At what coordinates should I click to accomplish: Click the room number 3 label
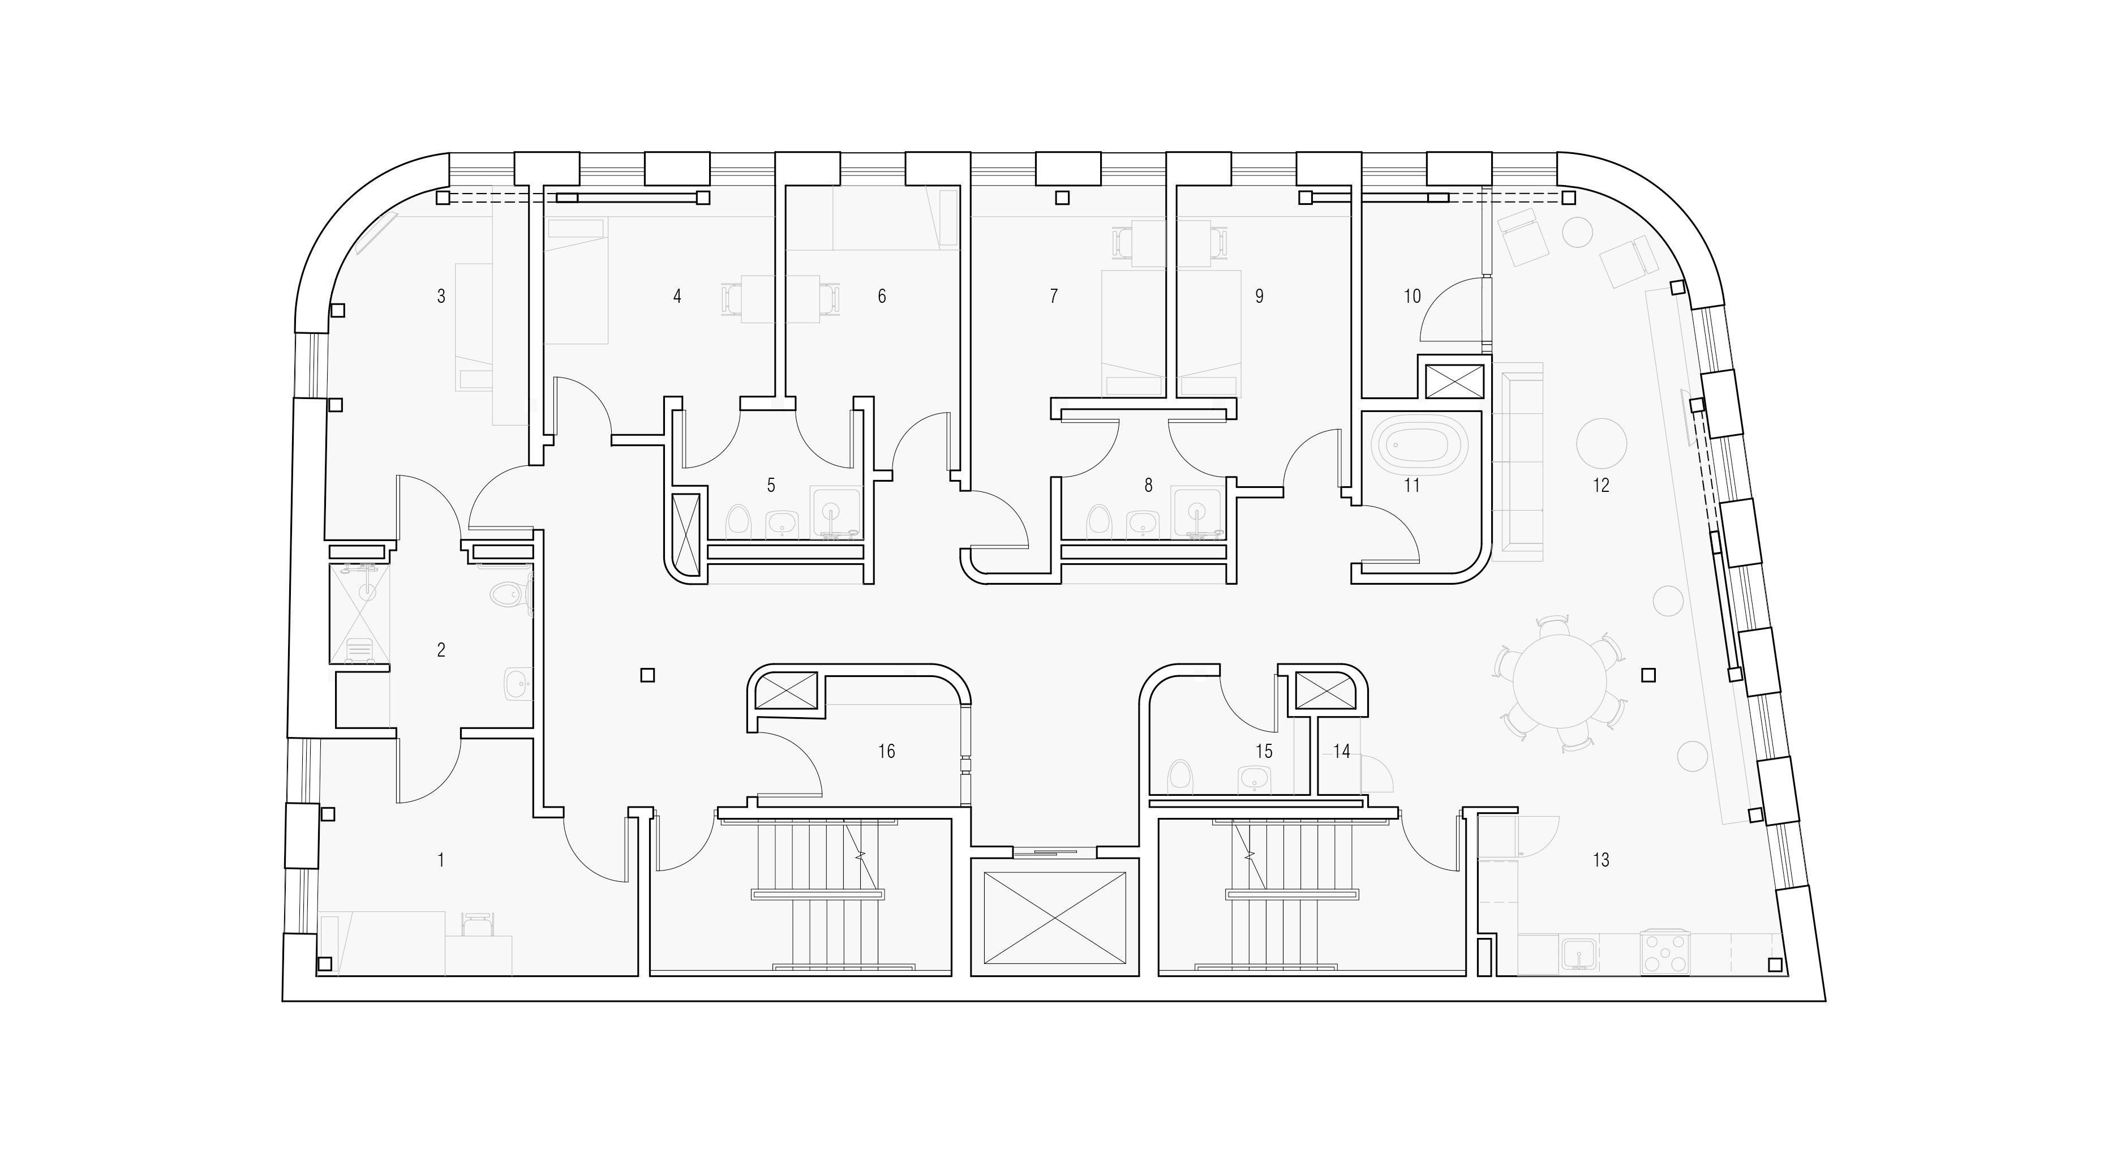tap(441, 296)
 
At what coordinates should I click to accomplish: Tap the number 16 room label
tap(886, 751)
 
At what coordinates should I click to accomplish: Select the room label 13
tap(1600, 860)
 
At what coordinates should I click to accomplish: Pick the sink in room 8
tap(1143, 525)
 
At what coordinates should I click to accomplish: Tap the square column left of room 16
tap(647, 675)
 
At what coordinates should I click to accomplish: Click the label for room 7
tap(1054, 296)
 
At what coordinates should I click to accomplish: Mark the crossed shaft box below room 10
tap(1454, 382)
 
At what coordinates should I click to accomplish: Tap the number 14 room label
tap(1341, 751)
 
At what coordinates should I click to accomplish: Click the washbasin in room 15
tap(1255, 779)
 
